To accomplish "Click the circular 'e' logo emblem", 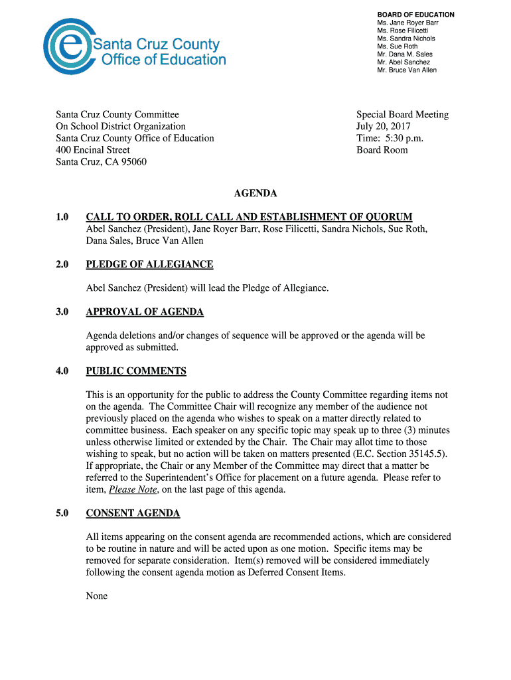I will [x=65, y=46].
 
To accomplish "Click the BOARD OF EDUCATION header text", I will [x=415, y=15].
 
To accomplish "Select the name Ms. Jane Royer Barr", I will [x=407, y=23].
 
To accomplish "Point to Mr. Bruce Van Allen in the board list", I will [x=407, y=70].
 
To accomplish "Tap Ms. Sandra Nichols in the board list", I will [x=406, y=39].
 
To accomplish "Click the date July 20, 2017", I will [x=384, y=126].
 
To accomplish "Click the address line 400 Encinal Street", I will [x=93, y=150].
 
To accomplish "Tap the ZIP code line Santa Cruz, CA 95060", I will [x=101, y=162].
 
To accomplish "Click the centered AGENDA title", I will [x=256, y=194].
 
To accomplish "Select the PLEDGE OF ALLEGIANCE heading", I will [x=149, y=264].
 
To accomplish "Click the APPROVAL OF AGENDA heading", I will [x=145, y=312].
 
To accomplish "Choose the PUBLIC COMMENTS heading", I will [x=136, y=371].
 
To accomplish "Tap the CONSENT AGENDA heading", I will [x=133, y=513].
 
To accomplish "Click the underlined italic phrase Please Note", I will [x=133, y=489].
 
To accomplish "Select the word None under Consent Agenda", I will [x=97, y=596].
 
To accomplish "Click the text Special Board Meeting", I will [x=402, y=114].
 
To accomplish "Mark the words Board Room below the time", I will [x=382, y=150].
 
